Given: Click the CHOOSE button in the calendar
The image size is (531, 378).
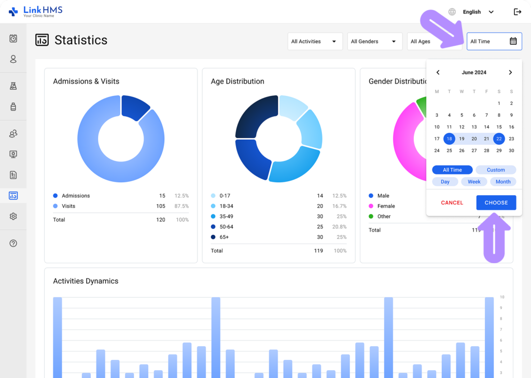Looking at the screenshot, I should coord(496,203).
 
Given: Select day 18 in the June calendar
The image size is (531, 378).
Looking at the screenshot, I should coord(449,139).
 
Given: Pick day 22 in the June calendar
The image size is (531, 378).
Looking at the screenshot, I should coord(499,139).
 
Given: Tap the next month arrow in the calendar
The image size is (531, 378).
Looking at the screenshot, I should coord(510,73).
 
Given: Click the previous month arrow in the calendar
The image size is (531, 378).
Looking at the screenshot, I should coord(438,73).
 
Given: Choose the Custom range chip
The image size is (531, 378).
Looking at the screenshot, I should coord(496,170).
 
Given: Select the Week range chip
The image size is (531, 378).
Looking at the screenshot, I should coord(474,182).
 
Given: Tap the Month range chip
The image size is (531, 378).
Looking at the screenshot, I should coord(503,182).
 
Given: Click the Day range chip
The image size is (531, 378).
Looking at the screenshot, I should coord(445,182).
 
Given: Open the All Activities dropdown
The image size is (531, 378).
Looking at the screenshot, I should coord(315,42).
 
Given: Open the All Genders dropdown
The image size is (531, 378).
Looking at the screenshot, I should coord(374,42).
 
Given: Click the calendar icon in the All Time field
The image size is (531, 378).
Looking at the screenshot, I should coord(513,42).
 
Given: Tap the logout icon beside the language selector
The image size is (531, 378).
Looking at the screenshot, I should coord(517,12).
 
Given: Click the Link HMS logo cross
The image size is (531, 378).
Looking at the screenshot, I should coord(13,11).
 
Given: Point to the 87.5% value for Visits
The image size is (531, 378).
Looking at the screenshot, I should coord(181,206).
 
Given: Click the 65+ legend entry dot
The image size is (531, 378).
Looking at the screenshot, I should coord(214,237).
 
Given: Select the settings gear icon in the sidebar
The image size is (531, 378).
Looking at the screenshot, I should coord(13,217).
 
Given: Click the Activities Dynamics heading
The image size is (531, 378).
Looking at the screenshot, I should coord(86,281).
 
